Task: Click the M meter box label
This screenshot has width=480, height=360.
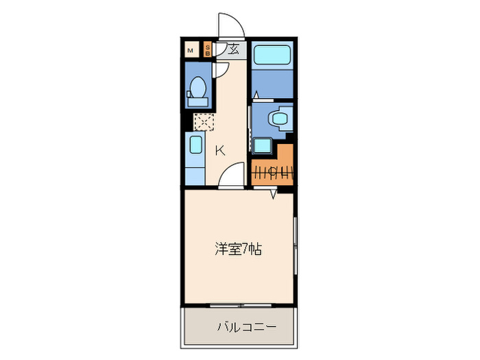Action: click(x=190, y=49)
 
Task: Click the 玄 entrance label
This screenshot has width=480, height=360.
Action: click(x=233, y=49)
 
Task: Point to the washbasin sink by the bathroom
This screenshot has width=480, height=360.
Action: click(x=280, y=118)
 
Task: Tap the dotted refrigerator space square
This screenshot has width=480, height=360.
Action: click(x=204, y=122)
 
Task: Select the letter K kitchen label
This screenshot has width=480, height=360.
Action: click(x=220, y=151)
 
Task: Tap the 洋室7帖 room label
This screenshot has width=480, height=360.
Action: click(x=238, y=249)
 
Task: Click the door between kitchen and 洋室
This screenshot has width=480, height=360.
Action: click(x=234, y=176)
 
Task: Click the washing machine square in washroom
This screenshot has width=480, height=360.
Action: click(x=261, y=145)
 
